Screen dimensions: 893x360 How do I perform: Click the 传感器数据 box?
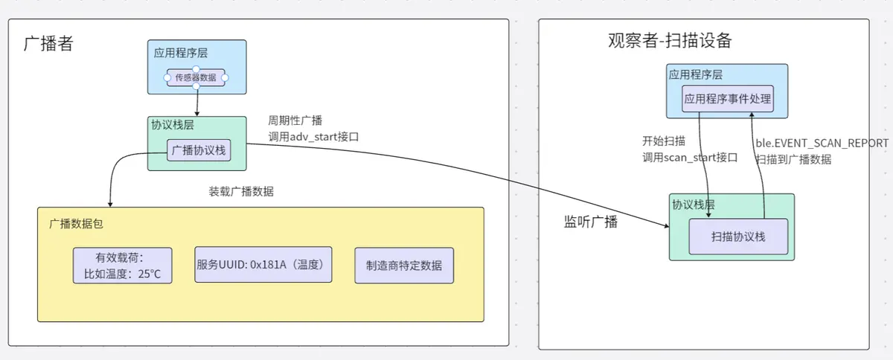[x=196, y=77]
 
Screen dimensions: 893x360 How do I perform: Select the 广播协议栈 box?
[x=197, y=150]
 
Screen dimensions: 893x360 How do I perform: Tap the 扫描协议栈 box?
[x=738, y=237]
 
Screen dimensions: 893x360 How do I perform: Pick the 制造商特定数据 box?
[x=404, y=266]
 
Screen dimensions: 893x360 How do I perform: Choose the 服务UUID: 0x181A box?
[x=263, y=264]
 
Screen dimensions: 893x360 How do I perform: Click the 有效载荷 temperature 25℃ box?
[x=123, y=266]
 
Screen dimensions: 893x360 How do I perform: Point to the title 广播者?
[x=49, y=43]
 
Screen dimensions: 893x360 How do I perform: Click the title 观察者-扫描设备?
[x=670, y=40]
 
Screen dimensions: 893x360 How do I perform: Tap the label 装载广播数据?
[x=241, y=191]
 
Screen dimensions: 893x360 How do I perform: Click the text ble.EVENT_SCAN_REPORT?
[x=822, y=143]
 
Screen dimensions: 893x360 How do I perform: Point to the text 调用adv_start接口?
[x=313, y=136]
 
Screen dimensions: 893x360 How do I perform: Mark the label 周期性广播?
[x=295, y=120]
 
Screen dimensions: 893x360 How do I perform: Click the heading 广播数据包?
[x=81, y=223]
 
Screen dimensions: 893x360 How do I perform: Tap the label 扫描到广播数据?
[x=793, y=159]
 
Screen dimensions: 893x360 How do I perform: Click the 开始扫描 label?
[x=664, y=141]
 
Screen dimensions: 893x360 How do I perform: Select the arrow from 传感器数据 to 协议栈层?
[x=197, y=100]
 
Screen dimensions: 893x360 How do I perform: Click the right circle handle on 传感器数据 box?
[x=225, y=77]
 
